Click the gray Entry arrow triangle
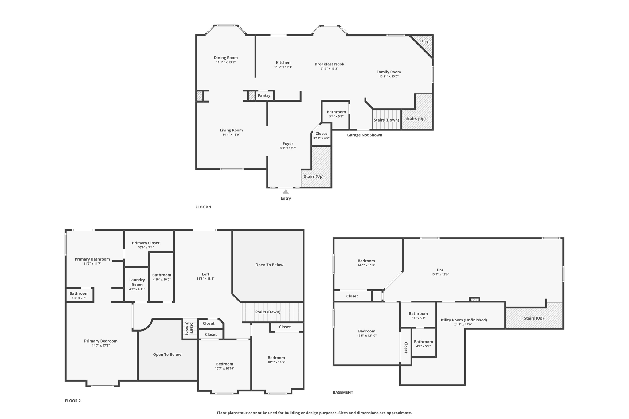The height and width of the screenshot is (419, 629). click(286, 192)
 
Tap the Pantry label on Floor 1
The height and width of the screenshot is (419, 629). click(264, 95)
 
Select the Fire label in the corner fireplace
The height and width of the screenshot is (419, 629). click(425, 41)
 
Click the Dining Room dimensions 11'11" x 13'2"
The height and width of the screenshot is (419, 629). click(225, 62)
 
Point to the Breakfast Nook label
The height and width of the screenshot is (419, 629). click(329, 64)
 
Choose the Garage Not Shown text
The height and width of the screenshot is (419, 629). click(365, 135)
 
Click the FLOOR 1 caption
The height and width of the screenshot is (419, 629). click(203, 207)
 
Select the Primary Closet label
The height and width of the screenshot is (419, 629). click(146, 243)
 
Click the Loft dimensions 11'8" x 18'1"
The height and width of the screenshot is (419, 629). click(205, 279)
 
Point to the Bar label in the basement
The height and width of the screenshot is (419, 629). click(440, 270)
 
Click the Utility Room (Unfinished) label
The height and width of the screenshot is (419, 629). click(463, 320)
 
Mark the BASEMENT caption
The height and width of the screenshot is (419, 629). click(343, 392)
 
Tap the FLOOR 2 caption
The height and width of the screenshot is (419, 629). click(73, 401)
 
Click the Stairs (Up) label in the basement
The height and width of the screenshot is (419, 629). click(533, 318)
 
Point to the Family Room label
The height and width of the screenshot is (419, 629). click(389, 72)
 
